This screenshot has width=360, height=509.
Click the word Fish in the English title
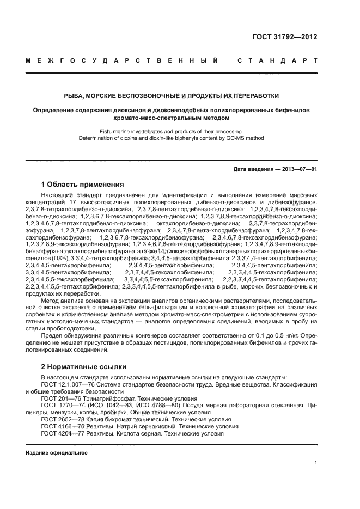tap(106, 131)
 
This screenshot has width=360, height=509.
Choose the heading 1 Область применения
tap(82, 184)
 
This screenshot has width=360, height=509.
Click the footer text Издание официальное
tap(57, 452)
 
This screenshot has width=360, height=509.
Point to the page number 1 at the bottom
tap(315, 463)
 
